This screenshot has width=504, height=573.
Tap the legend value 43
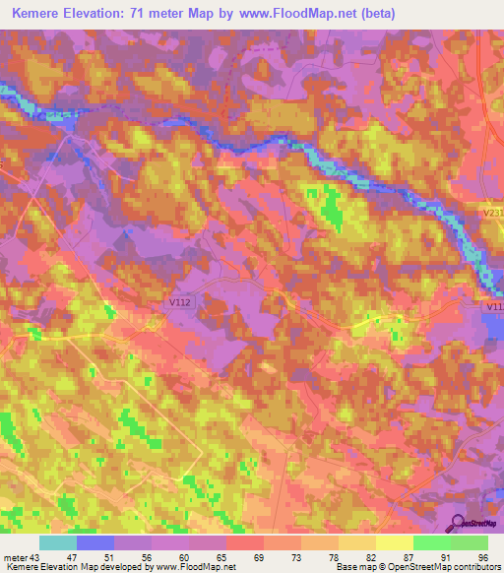click(x=36, y=556)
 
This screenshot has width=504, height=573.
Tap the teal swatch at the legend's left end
click(x=58, y=542)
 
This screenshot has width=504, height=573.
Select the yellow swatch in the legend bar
click(x=395, y=542)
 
